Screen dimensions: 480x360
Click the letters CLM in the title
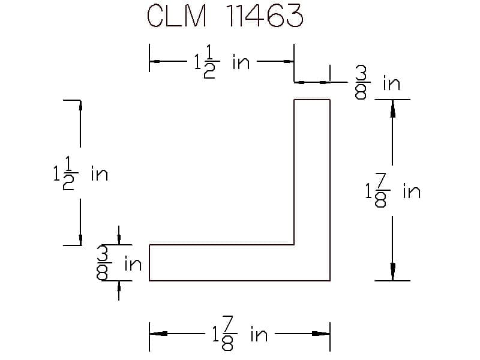176,16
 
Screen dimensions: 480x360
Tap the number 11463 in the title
265,16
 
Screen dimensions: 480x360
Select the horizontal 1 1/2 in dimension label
222,62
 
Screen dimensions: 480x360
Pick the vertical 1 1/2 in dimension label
80,173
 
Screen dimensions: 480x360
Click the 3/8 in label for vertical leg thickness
377,83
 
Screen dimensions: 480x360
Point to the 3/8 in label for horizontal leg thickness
119,263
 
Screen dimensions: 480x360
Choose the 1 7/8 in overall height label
393,191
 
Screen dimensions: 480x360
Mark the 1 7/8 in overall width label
240,334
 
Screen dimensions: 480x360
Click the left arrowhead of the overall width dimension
158,334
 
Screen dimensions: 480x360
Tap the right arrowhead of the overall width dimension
321,334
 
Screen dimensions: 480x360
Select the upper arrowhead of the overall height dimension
392,109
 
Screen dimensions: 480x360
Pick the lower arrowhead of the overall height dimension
392,272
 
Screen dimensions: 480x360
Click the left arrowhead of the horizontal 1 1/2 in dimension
155,62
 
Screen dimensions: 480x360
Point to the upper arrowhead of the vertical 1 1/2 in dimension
80,105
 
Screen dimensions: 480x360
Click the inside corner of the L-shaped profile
294,245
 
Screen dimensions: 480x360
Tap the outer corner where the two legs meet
330,280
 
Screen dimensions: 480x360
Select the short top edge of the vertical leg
312,100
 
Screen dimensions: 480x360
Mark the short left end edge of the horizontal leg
149,263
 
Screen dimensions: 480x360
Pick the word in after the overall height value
412,191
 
